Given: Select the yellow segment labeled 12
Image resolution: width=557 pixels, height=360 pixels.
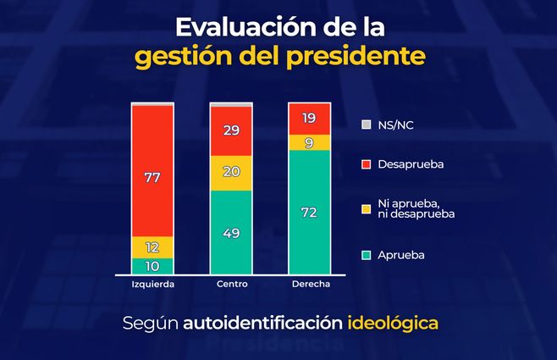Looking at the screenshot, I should point(152,246).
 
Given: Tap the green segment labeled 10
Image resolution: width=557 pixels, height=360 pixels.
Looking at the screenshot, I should point(152,266).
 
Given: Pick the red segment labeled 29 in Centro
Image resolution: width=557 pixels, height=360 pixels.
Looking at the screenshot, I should point(231,131).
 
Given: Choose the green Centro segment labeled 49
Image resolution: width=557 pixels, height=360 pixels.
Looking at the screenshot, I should point(231,232).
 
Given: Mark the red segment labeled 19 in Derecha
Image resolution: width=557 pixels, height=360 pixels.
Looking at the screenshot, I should point(309,119).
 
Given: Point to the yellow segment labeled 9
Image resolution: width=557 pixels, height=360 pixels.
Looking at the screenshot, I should point(309,142).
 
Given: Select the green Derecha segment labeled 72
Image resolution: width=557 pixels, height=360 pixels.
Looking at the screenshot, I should point(309,213).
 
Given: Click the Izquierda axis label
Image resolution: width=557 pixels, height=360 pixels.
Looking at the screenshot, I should point(152,285).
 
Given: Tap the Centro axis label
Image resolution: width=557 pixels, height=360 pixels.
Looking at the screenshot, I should point(231,285).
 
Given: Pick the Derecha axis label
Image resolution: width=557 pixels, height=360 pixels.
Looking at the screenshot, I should point(309,285).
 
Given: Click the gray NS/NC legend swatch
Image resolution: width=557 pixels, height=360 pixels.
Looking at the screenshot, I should point(366,125).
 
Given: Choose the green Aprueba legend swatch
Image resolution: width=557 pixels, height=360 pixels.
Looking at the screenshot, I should point(366,254).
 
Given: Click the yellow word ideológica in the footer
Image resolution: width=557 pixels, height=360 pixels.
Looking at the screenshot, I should point(394,324).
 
